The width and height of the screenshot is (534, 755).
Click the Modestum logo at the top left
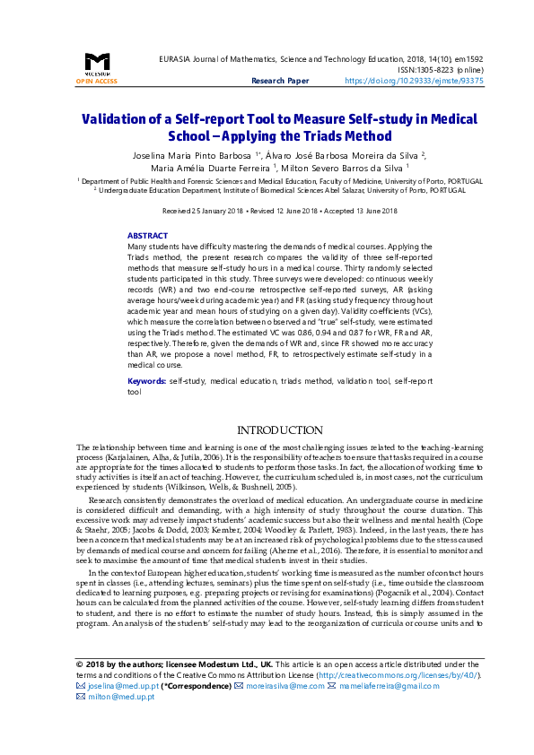pos(97,64)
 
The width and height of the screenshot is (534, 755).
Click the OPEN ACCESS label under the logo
pos(97,81)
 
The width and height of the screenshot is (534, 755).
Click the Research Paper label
pos(281,81)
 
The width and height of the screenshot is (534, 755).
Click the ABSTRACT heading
pos(147,235)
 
